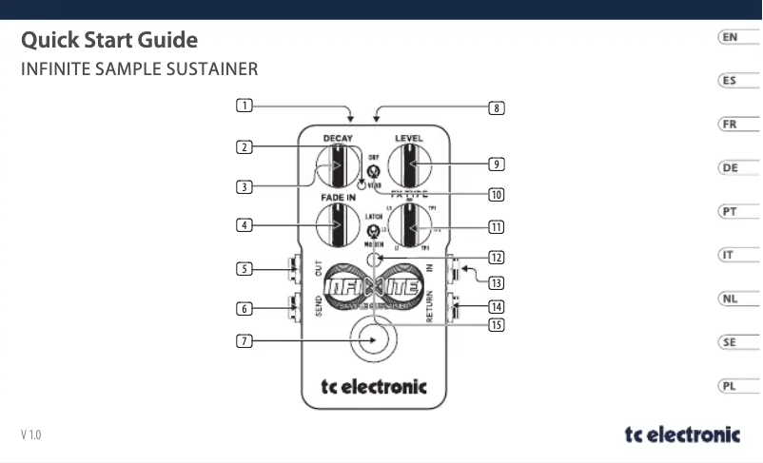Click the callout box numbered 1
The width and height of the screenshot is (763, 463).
[245, 105]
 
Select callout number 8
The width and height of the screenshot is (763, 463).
[496, 107]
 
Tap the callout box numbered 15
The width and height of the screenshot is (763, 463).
[496, 325]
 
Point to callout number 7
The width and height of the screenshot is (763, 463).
[245, 340]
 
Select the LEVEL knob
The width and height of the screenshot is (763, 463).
[410, 171]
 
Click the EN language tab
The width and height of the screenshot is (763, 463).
[729, 37]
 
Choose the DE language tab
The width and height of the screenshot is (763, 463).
[729, 168]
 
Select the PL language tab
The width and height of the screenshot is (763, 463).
[729, 386]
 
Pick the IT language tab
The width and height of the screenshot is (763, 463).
[729, 255]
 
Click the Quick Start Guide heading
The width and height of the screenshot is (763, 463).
[109, 41]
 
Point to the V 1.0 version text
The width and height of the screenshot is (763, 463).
[31, 435]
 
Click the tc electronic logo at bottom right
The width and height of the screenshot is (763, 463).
[681, 434]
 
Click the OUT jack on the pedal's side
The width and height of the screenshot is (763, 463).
[293, 269]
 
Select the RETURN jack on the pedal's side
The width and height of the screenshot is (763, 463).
[454, 306]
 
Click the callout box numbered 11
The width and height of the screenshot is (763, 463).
[496, 227]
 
